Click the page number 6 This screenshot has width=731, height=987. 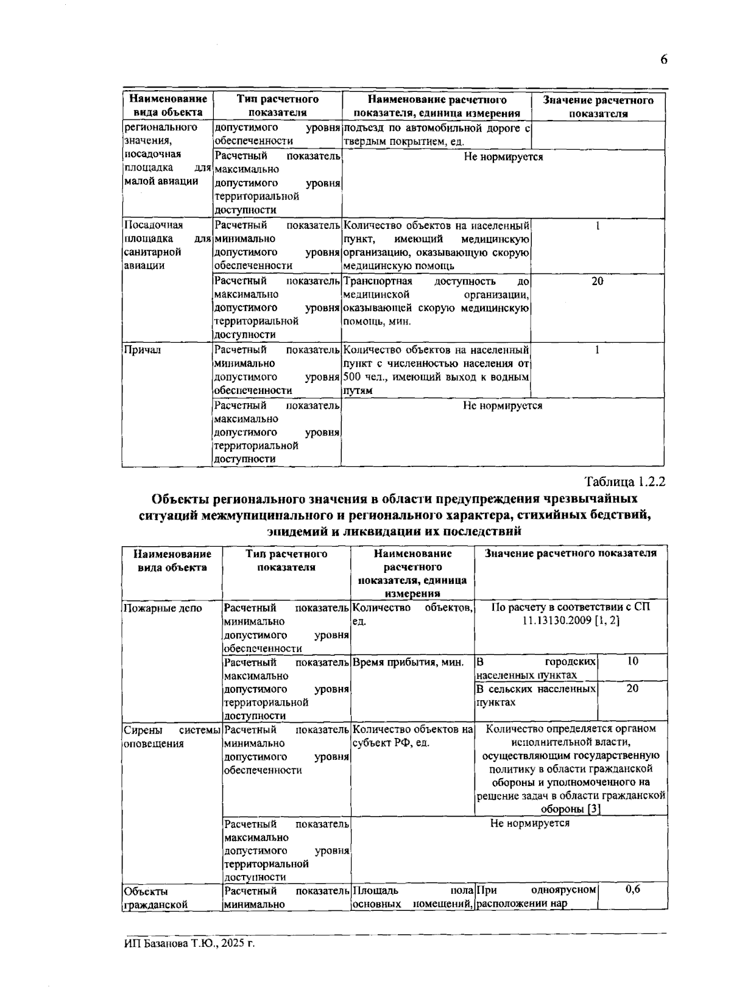[663, 59]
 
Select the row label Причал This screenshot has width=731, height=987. [142, 350]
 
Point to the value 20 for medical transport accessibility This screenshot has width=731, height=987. [598, 281]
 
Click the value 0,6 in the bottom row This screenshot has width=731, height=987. [633, 890]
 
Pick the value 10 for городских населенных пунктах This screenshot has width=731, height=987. [633, 661]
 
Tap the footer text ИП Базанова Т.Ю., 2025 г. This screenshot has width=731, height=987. [188, 943]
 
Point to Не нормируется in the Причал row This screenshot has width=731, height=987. [503, 406]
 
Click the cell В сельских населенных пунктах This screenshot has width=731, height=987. [535, 695]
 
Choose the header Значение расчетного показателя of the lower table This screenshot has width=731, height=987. [570, 553]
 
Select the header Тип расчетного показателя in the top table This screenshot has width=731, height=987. [277, 106]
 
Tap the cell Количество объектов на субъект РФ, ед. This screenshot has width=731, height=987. [412, 736]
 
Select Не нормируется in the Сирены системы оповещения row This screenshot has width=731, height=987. [530, 823]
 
